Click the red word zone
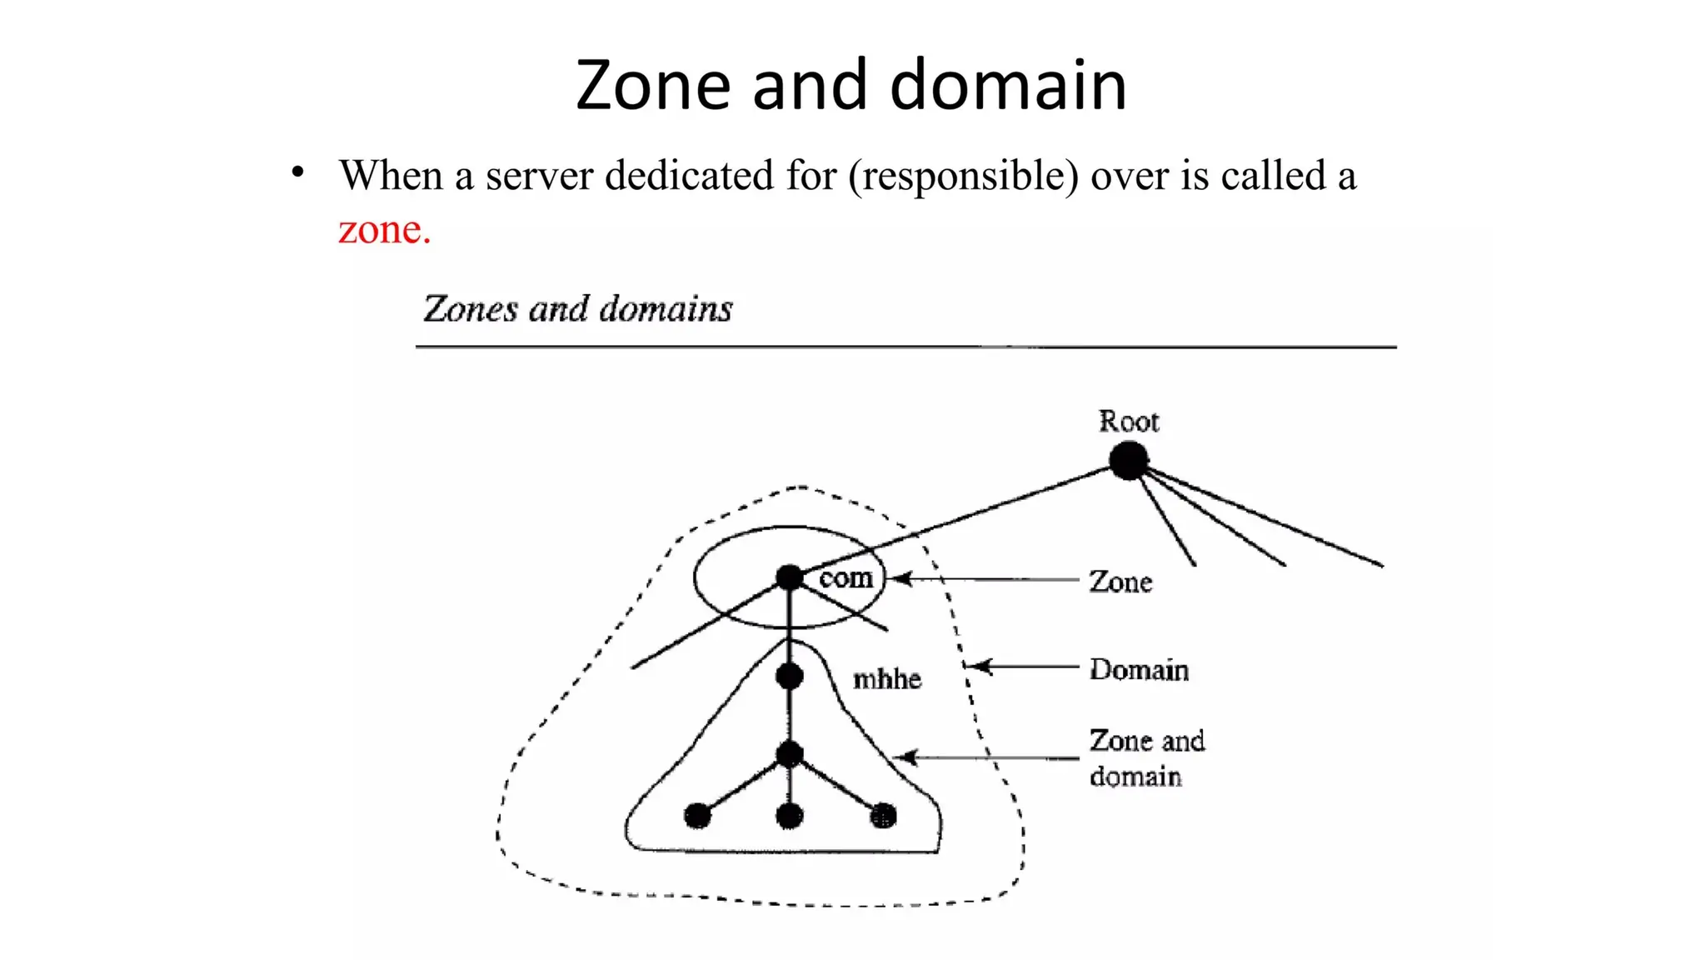click(384, 230)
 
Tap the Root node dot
click(1129, 461)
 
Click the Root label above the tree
click(1129, 422)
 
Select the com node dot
click(789, 577)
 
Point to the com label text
click(846, 577)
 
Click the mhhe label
click(887, 679)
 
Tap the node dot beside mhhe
click(789, 676)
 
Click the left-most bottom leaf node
click(697, 816)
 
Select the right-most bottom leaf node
click(883, 816)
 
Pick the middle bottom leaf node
click(789, 816)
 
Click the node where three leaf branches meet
click(789, 755)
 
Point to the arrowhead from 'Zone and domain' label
click(905, 757)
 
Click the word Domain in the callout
click(1139, 670)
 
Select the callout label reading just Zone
click(1120, 582)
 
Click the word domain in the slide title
click(1008, 85)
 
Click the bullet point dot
click(297, 172)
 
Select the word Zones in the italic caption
click(471, 309)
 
